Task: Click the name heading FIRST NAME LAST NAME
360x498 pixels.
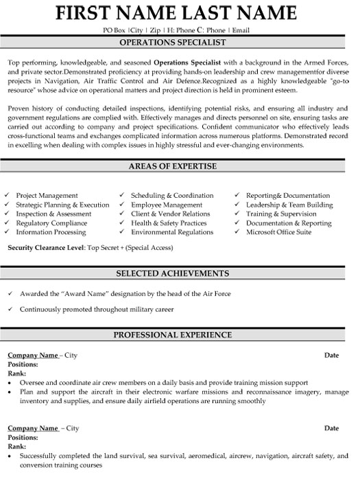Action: [180, 13]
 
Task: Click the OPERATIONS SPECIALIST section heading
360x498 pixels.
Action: [180, 41]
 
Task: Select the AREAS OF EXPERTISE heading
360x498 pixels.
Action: [180, 166]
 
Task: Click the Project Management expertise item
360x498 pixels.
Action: [47, 196]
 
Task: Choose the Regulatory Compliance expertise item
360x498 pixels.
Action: [52, 223]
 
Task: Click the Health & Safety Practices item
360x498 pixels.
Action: [168, 223]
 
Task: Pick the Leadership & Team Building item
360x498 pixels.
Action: [289, 205]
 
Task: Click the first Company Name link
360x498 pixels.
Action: [32, 355]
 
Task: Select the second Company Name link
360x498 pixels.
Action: [32, 428]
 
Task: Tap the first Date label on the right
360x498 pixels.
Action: [331, 355]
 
